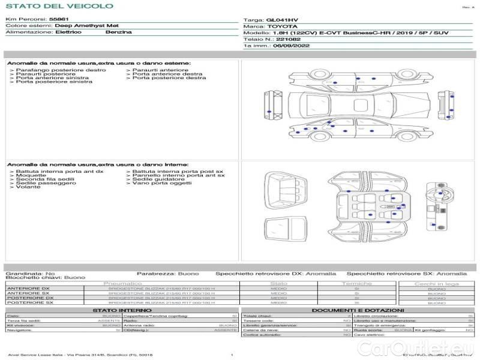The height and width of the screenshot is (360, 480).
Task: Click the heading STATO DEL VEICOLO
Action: (59, 7)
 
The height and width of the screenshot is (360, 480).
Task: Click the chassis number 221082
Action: (289, 39)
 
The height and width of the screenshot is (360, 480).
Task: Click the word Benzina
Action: (118, 32)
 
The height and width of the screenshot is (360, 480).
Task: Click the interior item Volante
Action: (28, 187)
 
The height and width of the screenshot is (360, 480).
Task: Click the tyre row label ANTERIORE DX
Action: (28, 289)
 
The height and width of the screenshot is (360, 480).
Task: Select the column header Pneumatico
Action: (123, 283)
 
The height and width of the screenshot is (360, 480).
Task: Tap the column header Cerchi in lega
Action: (436, 283)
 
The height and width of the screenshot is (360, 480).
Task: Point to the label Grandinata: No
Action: (30, 273)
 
